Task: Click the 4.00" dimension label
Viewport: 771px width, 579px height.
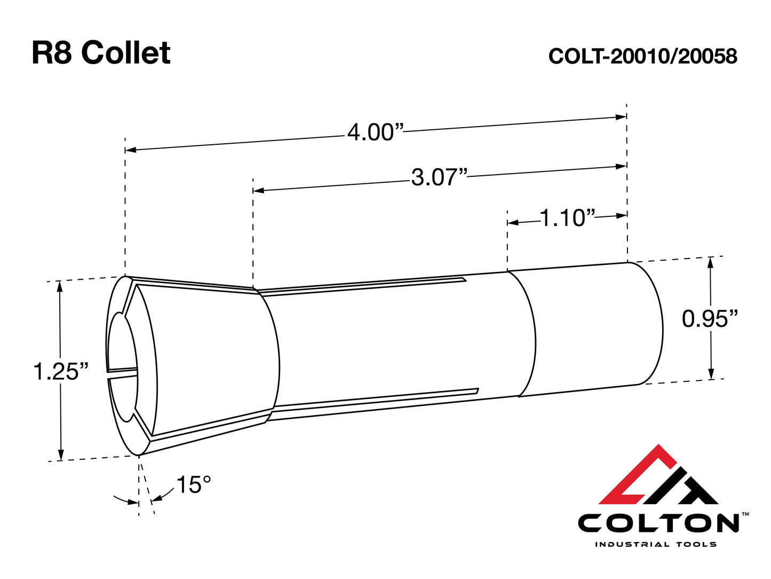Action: point(375,132)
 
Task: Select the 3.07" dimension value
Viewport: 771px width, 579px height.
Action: point(439,177)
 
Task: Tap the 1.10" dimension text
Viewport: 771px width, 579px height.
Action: point(567,218)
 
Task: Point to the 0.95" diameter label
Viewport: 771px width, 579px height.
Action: point(710,319)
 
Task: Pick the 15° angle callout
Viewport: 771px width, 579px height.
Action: point(193,485)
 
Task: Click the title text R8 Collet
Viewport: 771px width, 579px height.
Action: point(101,53)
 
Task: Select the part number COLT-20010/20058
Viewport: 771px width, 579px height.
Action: point(642,56)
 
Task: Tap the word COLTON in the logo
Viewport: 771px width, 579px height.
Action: point(658,523)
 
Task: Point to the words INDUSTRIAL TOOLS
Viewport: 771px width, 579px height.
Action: point(655,544)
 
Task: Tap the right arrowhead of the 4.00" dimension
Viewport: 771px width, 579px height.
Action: point(621,117)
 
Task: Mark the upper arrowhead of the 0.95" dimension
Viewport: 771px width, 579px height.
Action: point(710,262)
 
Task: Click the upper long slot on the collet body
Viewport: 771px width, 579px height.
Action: point(363,286)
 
